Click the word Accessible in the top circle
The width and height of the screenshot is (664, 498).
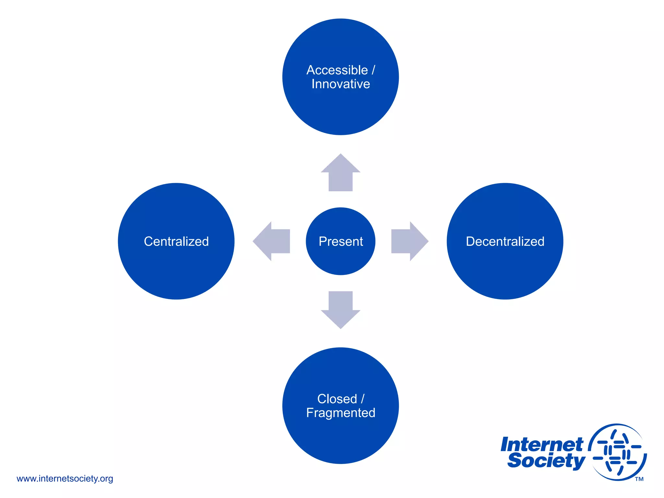tap(337, 70)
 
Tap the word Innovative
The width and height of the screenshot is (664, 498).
tap(340, 84)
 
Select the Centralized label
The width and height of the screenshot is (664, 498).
tap(176, 242)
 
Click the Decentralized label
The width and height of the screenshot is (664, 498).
tap(505, 242)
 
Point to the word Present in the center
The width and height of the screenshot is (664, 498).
tap(340, 242)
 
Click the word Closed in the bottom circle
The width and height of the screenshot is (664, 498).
tap(337, 399)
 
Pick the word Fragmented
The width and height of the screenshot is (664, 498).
tap(340, 413)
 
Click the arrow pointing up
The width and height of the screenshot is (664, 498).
tap(340, 173)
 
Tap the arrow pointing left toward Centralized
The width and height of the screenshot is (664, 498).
tap(272, 241)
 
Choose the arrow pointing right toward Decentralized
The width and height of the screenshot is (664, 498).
tap(409, 241)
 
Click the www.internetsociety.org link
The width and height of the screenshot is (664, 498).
tap(65, 479)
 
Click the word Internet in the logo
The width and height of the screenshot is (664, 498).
tap(541, 445)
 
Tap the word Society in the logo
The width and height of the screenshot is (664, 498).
tap(546, 460)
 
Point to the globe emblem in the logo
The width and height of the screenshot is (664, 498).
tap(618, 452)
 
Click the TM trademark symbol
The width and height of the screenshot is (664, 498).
tap(639, 479)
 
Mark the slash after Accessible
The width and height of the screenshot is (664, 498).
tap(373, 70)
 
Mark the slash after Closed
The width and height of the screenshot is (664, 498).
tap(362, 399)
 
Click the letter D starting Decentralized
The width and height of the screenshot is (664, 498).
tap(470, 242)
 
